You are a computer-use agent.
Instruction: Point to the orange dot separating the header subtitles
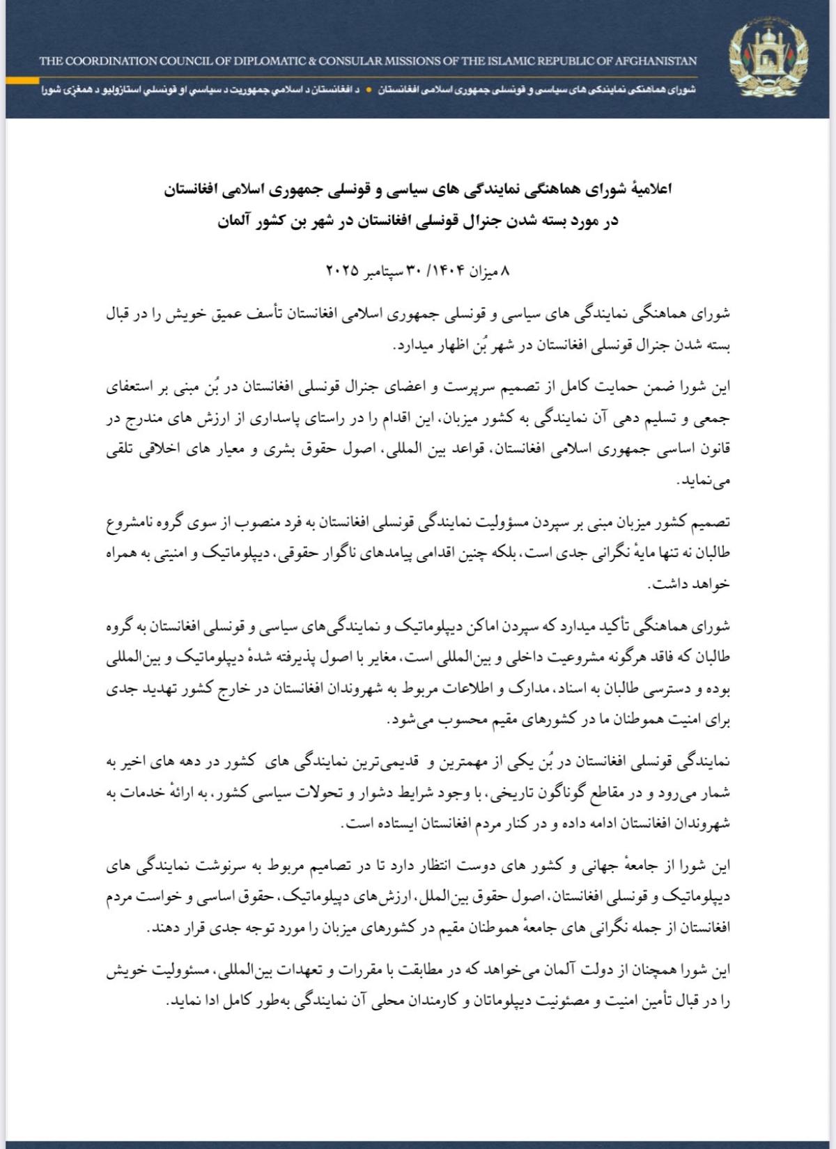click(x=369, y=91)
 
